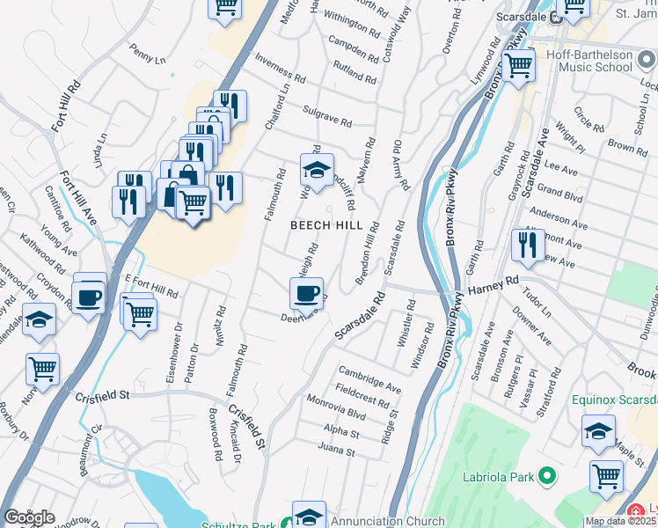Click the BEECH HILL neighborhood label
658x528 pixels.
[326, 226]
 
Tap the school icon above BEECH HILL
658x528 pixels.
[318, 167]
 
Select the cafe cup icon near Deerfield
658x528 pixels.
[306, 293]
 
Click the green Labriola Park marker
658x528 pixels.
[548, 476]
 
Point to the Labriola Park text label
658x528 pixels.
[498, 478]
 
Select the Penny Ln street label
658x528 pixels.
[147, 54]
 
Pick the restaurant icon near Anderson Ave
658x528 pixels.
[528, 245]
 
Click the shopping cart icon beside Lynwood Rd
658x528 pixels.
[518, 64]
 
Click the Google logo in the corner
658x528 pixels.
[29, 517]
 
